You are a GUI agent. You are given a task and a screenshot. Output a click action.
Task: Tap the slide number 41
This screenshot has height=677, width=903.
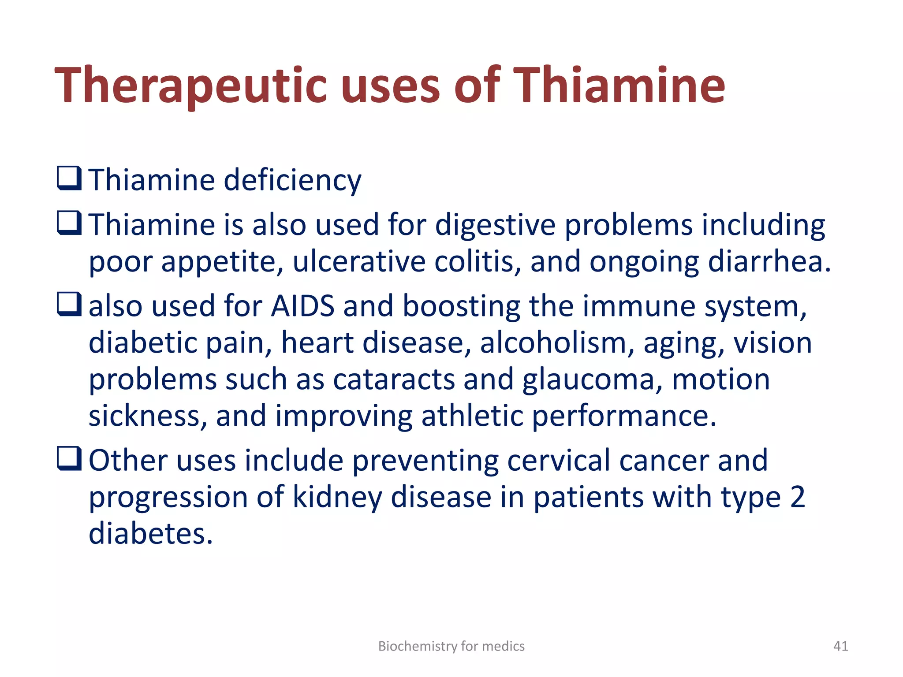pyautogui.click(x=840, y=646)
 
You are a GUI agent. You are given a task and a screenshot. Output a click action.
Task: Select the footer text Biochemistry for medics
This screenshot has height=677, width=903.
pyautogui.click(x=451, y=646)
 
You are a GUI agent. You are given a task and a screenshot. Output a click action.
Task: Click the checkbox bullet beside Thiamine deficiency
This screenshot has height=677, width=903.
pyautogui.click(x=69, y=178)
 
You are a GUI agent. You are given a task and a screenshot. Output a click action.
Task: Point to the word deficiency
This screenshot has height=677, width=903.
pyautogui.click(x=292, y=180)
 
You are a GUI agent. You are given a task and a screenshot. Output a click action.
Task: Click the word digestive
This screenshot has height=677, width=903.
pyautogui.click(x=495, y=225)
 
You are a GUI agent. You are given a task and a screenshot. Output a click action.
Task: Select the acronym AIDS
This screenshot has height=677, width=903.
pyautogui.click(x=302, y=306)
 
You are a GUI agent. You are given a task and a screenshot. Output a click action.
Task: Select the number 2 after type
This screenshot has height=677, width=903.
pyautogui.click(x=797, y=497)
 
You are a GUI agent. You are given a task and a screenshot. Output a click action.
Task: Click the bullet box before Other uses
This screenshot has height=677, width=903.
pyautogui.click(x=69, y=458)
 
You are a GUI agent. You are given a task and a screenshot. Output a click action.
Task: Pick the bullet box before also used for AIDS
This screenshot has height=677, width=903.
pyautogui.click(x=69, y=304)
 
